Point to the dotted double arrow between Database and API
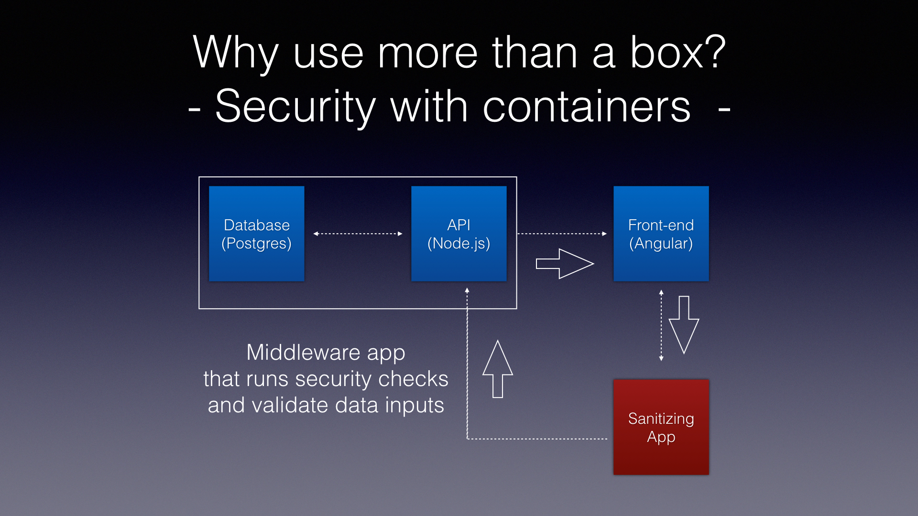tap(358, 234)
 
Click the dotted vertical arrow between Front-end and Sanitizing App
tap(661, 325)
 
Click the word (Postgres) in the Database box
tap(256, 244)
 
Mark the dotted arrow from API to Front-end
tap(562, 234)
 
